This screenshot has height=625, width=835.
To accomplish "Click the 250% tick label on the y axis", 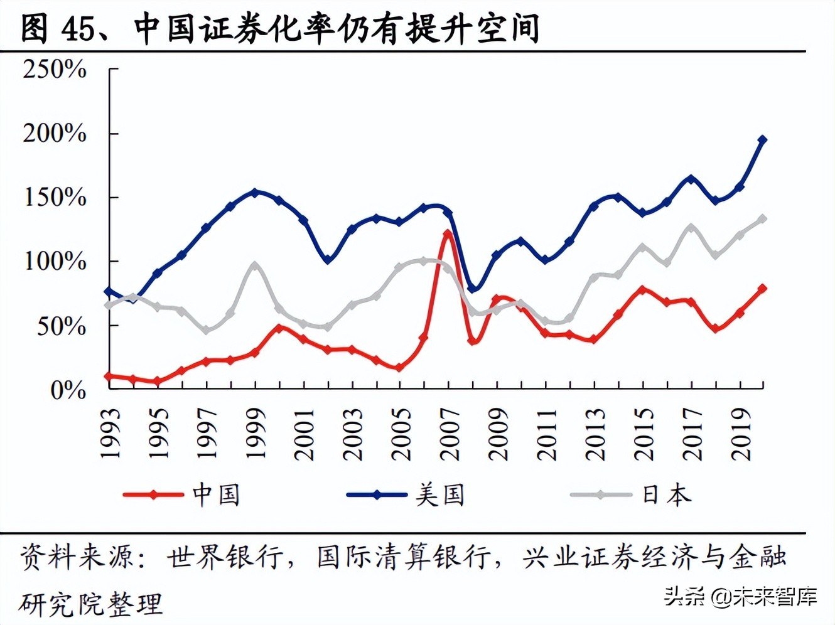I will tap(55, 69).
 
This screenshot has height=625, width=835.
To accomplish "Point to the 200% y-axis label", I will tap(55, 133).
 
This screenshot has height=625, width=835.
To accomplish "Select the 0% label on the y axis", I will tap(68, 390).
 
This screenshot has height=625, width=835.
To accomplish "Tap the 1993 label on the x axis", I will tap(110, 434).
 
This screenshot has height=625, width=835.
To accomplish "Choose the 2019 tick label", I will tap(742, 434).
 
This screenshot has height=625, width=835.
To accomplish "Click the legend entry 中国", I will tap(216, 494).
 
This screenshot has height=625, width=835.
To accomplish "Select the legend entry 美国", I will tap(439, 494).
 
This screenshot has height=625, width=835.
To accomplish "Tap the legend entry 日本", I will tap(666, 494).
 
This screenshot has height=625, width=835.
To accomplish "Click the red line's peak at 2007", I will tap(448, 234).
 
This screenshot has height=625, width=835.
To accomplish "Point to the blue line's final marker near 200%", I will tap(763, 140).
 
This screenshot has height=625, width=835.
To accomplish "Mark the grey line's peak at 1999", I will tap(254, 265).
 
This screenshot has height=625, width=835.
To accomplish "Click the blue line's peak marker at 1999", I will tap(254, 192).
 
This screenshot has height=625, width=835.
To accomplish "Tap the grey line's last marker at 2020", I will tap(763, 218).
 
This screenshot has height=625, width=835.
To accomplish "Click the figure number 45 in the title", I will tap(78, 28).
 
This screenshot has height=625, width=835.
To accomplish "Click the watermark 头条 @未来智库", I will tap(741, 596).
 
